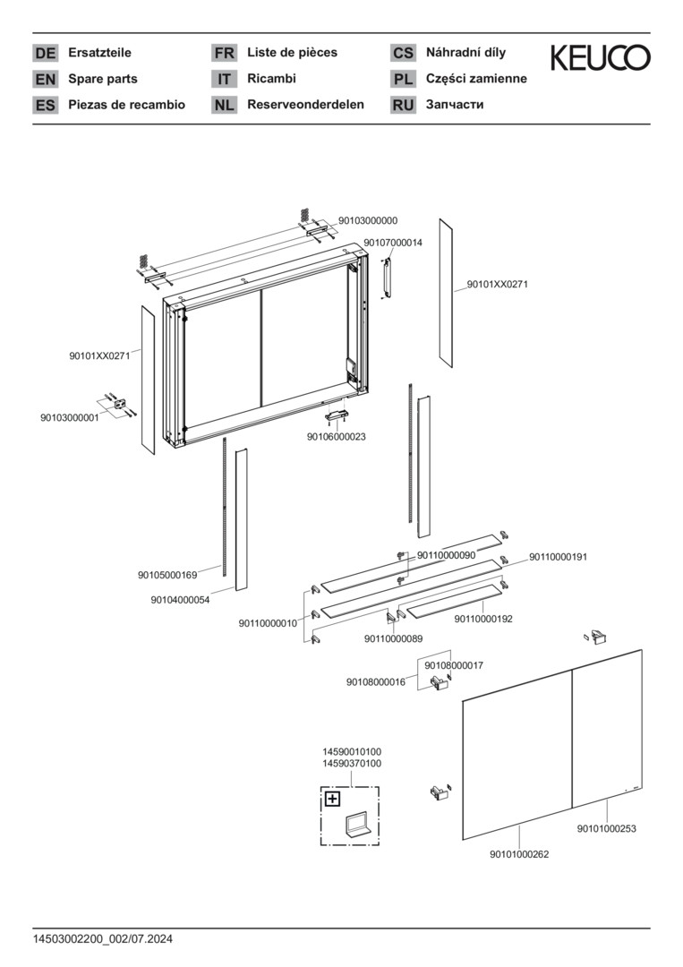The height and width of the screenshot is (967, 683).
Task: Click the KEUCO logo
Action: (x=600, y=57)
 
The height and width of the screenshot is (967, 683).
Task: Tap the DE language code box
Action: (x=45, y=53)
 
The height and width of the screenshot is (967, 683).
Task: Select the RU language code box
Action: (x=403, y=105)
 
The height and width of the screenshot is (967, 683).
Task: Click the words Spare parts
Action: (x=103, y=79)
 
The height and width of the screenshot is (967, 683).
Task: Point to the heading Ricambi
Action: (x=271, y=78)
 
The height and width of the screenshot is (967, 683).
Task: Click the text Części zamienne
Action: (x=476, y=79)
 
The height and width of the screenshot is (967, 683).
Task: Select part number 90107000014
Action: (x=393, y=243)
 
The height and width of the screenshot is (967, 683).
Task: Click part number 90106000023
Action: (x=336, y=437)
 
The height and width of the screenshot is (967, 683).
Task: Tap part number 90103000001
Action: (x=70, y=417)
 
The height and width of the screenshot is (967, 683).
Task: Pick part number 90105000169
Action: (x=167, y=576)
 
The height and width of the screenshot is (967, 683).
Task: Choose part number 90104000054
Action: (x=180, y=600)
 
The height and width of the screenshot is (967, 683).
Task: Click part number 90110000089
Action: (x=393, y=639)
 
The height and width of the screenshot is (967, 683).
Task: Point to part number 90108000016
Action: (x=376, y=682)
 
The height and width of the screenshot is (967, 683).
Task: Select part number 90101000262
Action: (x=519, y=854)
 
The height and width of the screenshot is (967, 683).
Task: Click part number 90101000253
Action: (x=607, y=828)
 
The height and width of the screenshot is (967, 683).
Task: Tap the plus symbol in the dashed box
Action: (x=332, y=800)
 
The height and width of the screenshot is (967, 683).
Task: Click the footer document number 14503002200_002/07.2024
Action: (x=103, y=939)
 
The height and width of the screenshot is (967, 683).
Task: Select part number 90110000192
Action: (x=483, y=619)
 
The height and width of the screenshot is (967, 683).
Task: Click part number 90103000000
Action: (x=368, y=220)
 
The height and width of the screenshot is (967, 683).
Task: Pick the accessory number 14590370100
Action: (x=352, y=764)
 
